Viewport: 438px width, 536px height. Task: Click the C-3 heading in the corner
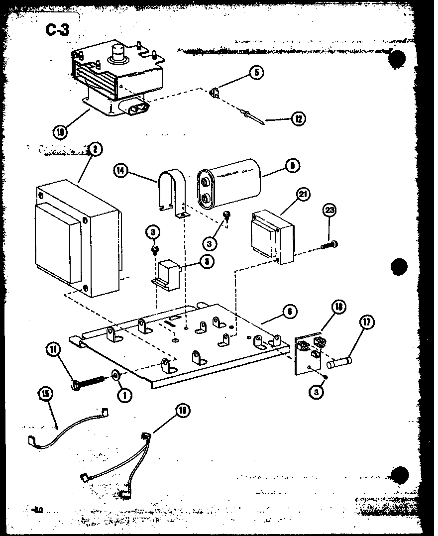pyautogui.click(x=58, y=30)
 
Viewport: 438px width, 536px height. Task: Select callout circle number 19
pyautogui.click(x=60, y=132)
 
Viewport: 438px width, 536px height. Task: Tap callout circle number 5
pyautogui.click(x=256, y=73)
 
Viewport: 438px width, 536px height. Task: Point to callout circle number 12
pyautogui.click(x=299, y=118)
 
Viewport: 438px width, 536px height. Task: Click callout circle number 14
pyautogui.click(x=120, y=171)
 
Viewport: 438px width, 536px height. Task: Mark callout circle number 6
pyautogui.click(x=289, y=312)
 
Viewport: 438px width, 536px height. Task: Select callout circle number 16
pyautogui.click(x=183, y=411)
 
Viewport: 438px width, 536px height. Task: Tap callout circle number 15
pyautogui.click(x=45, y=394)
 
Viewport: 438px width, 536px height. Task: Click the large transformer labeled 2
pyautogui.click(x=77, y=239)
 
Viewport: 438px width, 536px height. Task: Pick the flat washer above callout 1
pyautogui.click(x=115, y=375)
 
